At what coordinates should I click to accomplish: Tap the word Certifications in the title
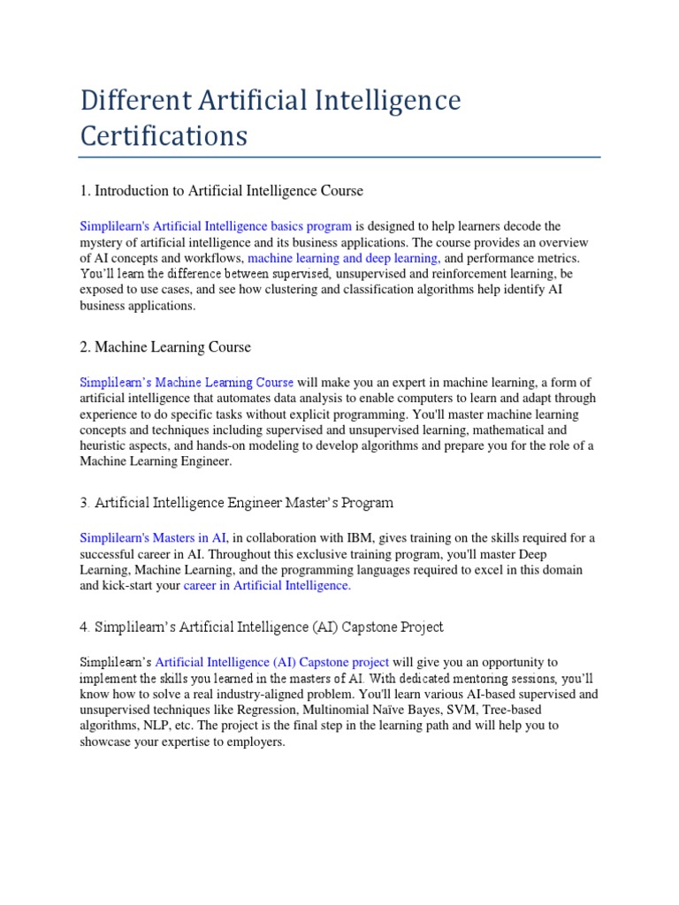(x=164, y=137)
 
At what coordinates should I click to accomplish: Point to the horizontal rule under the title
(x=339, y=158)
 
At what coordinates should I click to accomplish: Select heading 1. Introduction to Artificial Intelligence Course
(x=221, y=191)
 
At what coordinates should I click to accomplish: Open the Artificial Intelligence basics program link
(x=216, y=227)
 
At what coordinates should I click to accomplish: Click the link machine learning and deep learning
(x=344, y=258)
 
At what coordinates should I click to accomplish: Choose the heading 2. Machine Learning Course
(x=165, y=347)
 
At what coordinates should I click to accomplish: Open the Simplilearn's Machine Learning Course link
(x=187, y=383)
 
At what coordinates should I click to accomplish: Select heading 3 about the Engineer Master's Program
(x=237, y=503)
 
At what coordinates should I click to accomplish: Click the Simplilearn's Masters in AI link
(x=154, y=537)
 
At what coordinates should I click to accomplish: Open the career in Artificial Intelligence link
(x=267, y=585)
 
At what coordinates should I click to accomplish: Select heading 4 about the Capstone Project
(x=262, y=627)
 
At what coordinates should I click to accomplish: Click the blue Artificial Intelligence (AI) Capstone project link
(x=272, y=662)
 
